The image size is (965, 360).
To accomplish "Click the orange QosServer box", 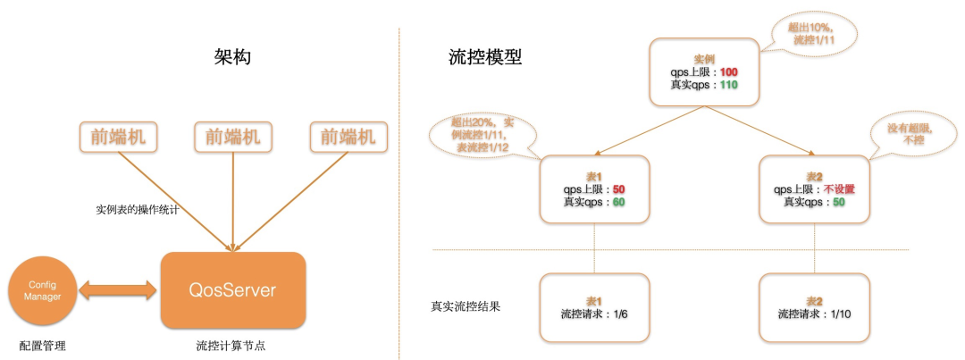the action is click(233, 290).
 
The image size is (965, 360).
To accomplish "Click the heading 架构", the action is click(233, 58).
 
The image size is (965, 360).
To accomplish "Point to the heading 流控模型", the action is click(485, 58).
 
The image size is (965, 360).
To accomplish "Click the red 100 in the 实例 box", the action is click(727, 71).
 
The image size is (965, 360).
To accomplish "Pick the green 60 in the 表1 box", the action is click(617, 202).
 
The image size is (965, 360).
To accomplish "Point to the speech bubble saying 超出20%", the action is click(482, 133).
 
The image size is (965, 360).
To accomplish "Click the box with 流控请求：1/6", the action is click(594, 307).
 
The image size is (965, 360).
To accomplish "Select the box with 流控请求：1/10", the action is click(814, 307).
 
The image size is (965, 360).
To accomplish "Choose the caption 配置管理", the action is click(42, 346).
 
